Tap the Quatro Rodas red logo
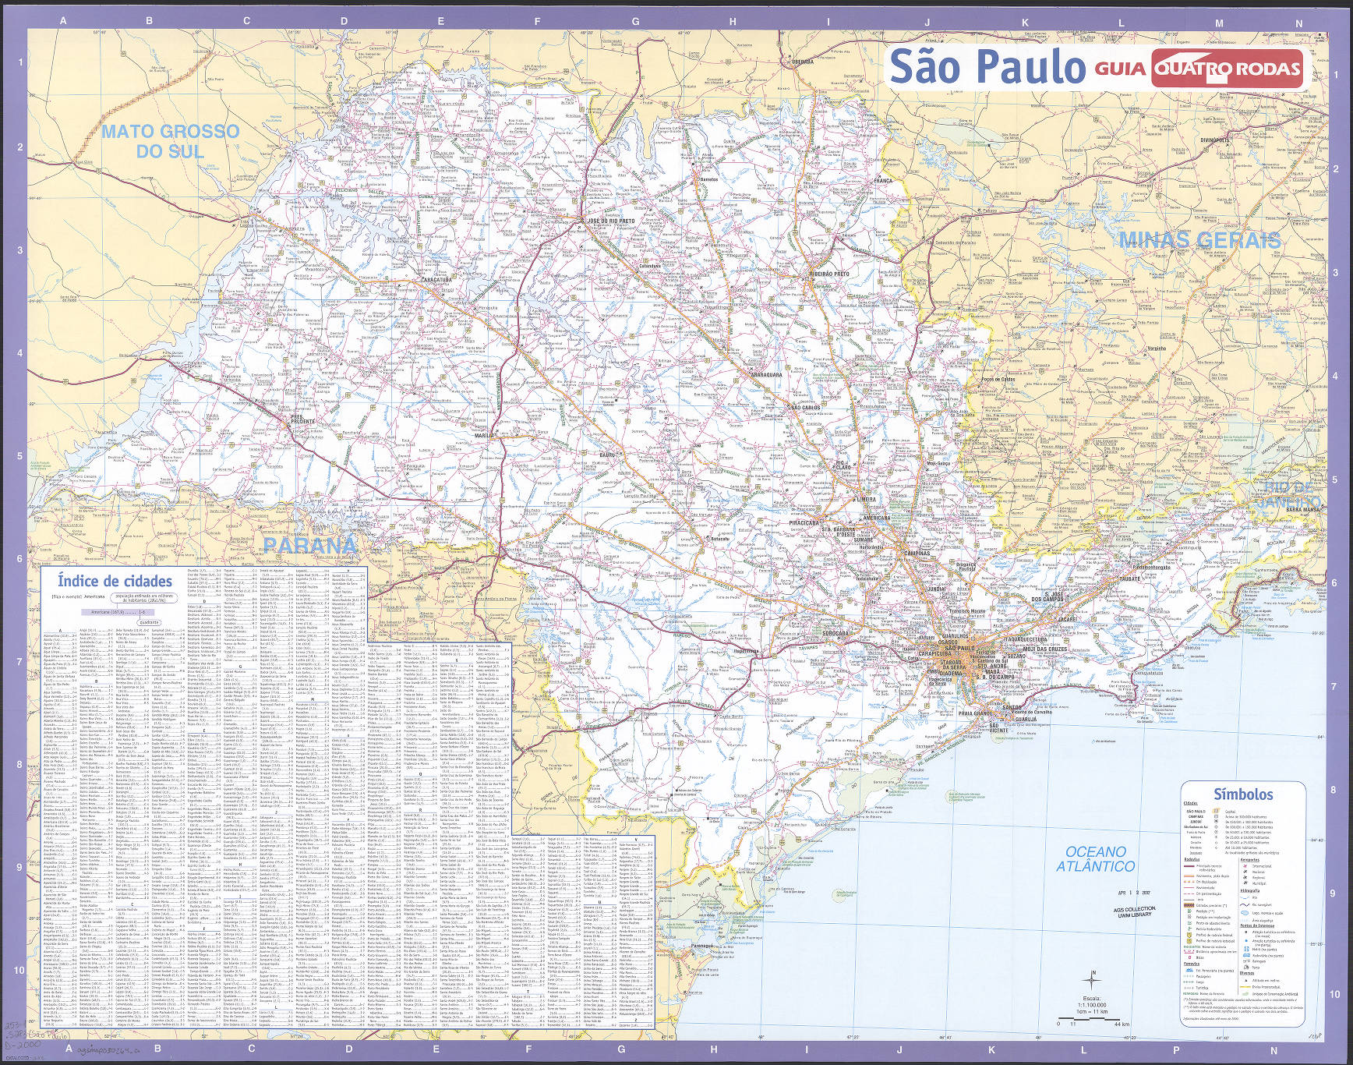pyautogui.click(x=1228, y=69)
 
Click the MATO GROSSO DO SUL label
pyautogui.click(x=170, y=141)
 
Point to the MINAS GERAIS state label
pyautogui.click(x=1199, y=240)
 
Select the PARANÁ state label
pyautogui.click(x=309, y=545)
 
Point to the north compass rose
pyautogui.click(x=1093, y=980)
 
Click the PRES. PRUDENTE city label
pyautogui.click(x=303, y=419)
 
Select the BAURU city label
pyautogui.click(x=608, y=454)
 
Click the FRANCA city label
pyautogui.click(x=884, y=180)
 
